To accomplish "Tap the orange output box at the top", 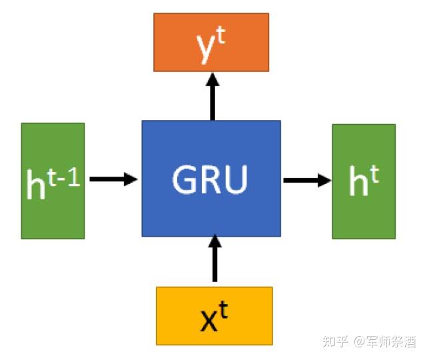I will point(211,42).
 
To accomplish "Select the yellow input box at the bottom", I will point(214,315).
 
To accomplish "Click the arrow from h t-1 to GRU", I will point(113,179).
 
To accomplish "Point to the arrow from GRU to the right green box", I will point(306,179).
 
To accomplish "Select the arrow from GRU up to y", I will point(213,96).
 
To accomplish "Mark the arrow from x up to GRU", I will point(214,261).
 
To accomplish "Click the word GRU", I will point(211,179).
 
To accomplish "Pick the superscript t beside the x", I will point(224,309).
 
